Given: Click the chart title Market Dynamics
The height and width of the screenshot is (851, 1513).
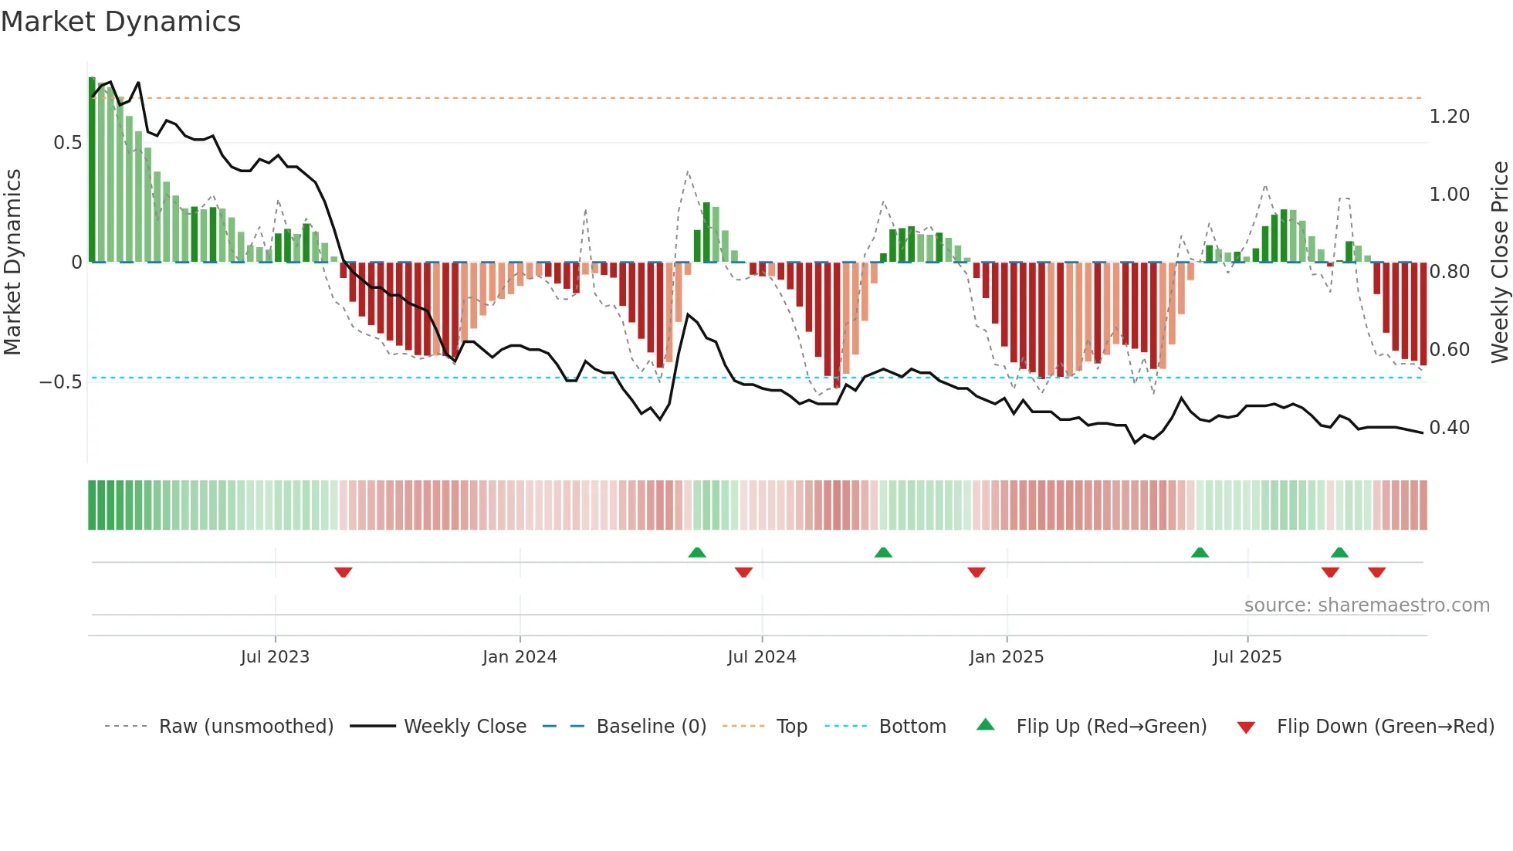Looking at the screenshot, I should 121,22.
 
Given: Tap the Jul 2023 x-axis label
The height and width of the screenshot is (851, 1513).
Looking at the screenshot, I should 275,657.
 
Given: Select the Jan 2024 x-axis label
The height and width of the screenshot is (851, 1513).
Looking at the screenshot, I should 520,657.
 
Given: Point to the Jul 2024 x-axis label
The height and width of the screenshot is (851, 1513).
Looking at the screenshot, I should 762,657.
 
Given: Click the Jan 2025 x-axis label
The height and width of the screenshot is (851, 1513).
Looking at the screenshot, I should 1007,657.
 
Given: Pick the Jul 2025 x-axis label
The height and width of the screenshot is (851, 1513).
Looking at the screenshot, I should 1247,657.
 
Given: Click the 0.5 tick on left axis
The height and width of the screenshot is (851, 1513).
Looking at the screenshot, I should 68,143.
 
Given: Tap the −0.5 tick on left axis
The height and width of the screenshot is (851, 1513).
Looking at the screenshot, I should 61,382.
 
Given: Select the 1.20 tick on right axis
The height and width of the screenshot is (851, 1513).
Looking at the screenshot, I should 1449,117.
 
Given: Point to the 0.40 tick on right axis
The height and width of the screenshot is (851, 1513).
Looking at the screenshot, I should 1449,428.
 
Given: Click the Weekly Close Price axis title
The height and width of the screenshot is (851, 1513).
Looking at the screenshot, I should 1499,263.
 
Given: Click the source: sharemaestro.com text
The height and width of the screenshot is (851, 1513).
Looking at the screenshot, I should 1366,605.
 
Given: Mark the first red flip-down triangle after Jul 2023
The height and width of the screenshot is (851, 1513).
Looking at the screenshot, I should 344,571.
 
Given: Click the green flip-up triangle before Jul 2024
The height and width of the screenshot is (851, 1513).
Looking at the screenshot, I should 697,553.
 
